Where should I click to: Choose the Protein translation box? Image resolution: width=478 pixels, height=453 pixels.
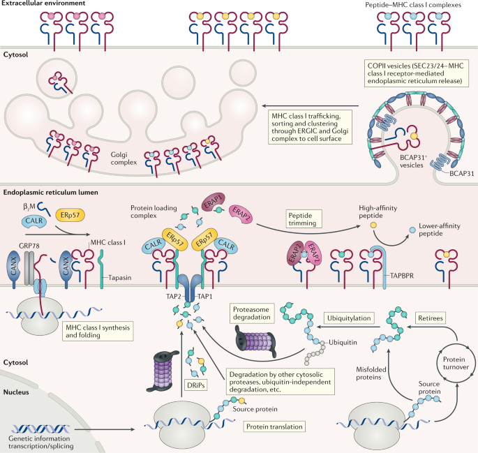[274, 425]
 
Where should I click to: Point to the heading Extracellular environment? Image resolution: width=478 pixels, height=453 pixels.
[43, 6]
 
